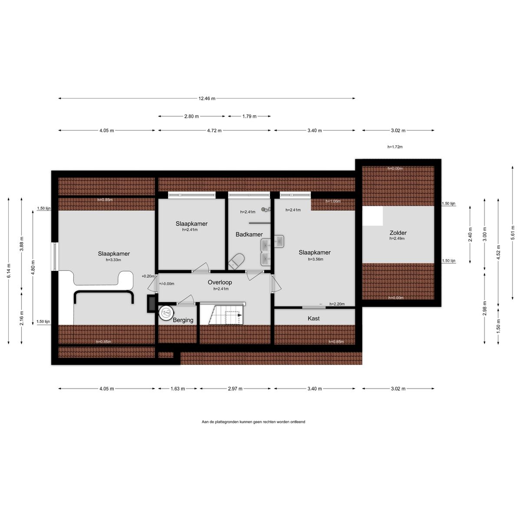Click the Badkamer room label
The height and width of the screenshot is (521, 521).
[x=249, y=234]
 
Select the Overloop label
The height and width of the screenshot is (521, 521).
[x=220, y=282]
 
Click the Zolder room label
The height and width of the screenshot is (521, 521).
[x=398, y=233]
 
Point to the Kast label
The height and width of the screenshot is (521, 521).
[x=313, y=319]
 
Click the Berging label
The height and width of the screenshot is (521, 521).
[x=183, y=320]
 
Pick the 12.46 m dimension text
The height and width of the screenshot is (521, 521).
[x=207, y=99]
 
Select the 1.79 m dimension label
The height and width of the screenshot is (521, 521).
[x=249, y=116]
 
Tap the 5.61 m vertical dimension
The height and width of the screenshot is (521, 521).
[x=513, y=233]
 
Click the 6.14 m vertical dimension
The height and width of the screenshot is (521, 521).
[x=9, y=270]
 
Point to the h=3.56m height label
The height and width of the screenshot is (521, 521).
[x=316, y=259]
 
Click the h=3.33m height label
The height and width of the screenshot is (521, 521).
[x=113, y=260]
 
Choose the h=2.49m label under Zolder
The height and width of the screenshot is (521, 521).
[x=397, y=238]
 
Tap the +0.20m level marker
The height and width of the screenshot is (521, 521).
[x=148, y=276]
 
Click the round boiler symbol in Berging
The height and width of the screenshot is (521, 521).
[x=166, y=313]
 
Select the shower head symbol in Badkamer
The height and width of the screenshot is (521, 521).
[x=266, y=209]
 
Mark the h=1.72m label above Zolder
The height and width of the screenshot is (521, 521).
[x=395, y=147]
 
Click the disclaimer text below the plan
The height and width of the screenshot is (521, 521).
[x=253, y=422]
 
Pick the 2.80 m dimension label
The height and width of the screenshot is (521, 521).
[x=191, y=116]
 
